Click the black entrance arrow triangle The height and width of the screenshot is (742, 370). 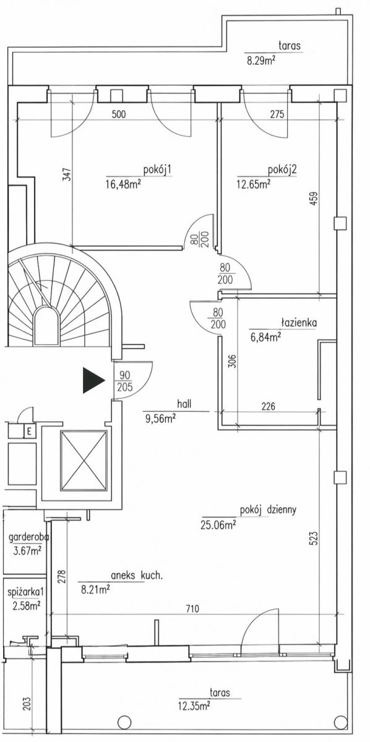(93, 380)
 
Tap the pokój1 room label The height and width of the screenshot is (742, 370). (157, 170)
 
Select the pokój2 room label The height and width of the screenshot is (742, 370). (282, 170)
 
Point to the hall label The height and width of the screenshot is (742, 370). (184, 404)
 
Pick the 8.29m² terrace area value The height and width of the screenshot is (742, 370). (261, 61)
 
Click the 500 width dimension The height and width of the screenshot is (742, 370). (119, 114)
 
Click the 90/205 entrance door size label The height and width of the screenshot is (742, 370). (126, 381)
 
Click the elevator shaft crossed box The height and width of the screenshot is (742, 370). (84, 461)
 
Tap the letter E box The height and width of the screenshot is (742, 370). (30, 432)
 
